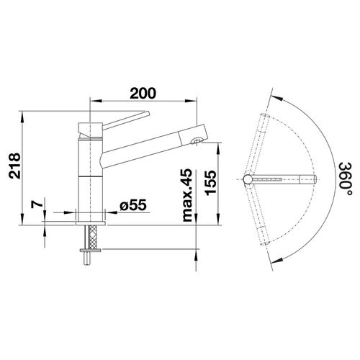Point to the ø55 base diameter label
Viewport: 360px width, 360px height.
tap(132, 206)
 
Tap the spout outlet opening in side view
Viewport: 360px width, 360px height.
tap(194, 142)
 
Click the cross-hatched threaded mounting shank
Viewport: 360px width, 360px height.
tap(91, 237)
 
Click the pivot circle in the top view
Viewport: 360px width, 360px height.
tap(248, 178)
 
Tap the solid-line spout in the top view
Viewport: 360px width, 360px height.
tap(283, 178)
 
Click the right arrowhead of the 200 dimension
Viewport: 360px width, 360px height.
tap(197, 102)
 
